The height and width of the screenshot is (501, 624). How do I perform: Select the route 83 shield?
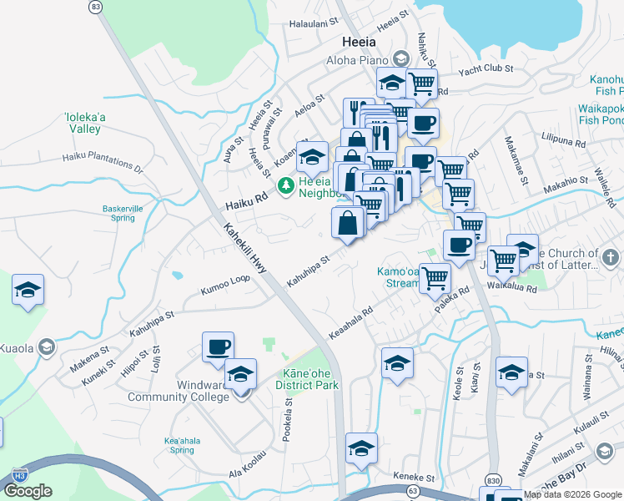(x=97, y=7)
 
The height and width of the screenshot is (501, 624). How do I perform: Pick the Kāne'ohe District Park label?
(x=308, y=380)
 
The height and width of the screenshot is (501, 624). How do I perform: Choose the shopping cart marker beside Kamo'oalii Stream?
(x=435, y=279)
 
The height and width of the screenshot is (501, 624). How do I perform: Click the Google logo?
(x=28, y=491)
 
